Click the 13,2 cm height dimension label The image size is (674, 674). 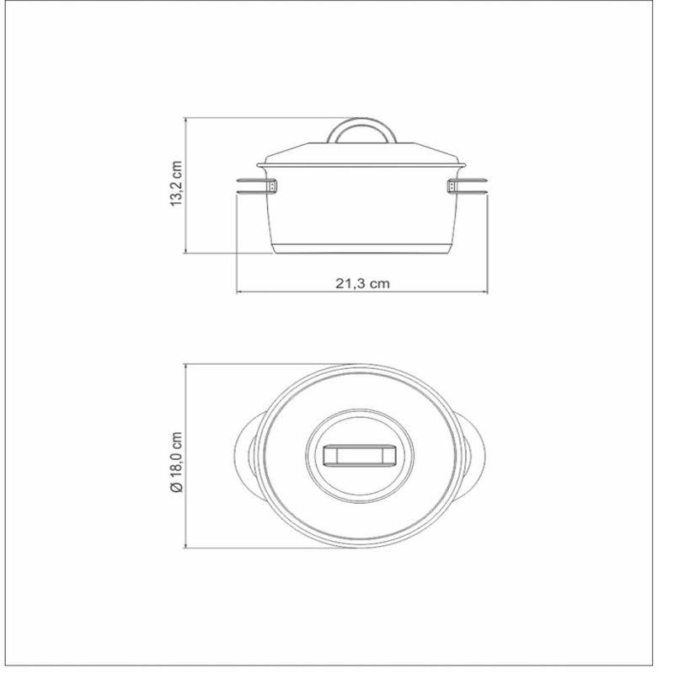pos(176,184)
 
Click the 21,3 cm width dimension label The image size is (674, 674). pos(362,284)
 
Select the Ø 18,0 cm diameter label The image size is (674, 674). pos(176,462)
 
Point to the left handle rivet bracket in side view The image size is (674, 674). pos(272,186)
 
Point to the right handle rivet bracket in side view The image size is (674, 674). pos(452,186)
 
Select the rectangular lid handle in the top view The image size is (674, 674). pos(361,456)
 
